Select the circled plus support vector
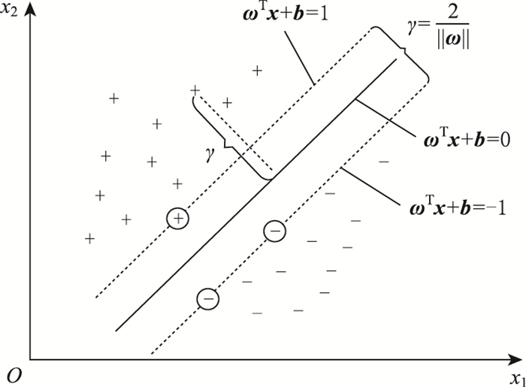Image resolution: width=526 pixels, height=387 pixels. click(x=178, y=218)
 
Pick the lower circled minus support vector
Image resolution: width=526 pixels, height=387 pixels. click(x=208, y=299)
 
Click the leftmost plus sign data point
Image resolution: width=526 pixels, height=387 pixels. click(x=89, y=238)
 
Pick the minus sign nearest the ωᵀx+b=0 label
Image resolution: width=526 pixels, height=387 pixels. click(x=384, y=161)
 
